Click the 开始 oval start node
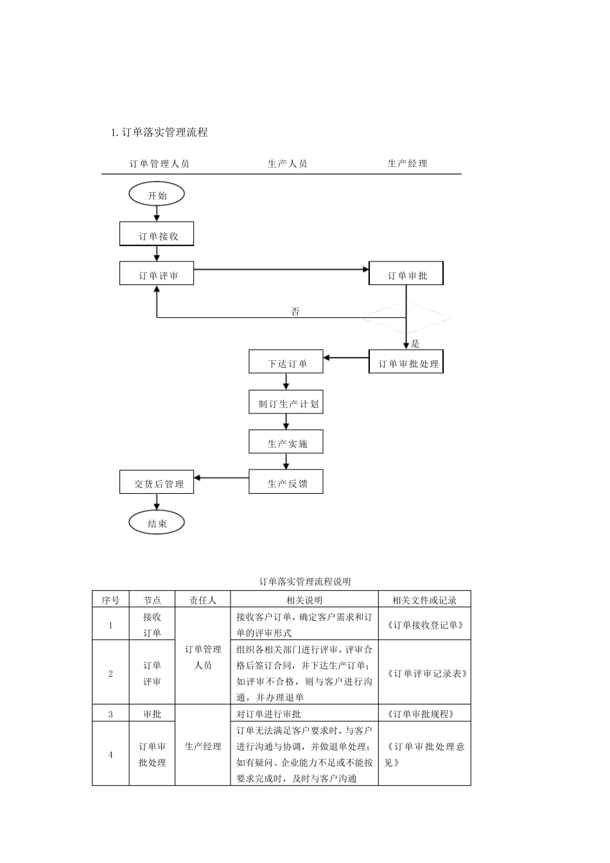(x=157, y=195)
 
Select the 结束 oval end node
(x=157, y=523)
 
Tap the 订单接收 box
(x=157, y=234)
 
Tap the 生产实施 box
(x=286, y=442)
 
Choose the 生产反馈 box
(x=286, y=482)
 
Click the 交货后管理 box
(x=157, y=482)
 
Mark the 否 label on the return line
(x=295, y=311)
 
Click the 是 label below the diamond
(x=415, y=344)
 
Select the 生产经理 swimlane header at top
(x=407, y=164)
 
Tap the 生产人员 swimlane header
(x=287, y=164)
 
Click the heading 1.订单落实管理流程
(x=159, y=132)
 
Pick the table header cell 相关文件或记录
(x=424, y=600)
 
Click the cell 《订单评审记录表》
(x=424, y=673)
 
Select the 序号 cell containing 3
(x=110, y=713)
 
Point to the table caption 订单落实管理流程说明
(x=305, y=582)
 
